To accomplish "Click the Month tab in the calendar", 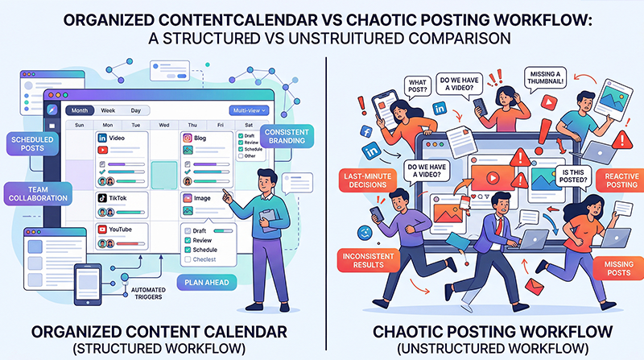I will pyautogui.click(x=80, y=110).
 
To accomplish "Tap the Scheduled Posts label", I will pyautogui.click(x=31, y=145).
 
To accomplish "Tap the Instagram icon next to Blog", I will pyautogui.click(x=186, y=139).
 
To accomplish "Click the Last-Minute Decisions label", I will pyautogui.click(x=366, y=177).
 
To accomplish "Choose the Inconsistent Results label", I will pyautogui.click(x=367, y=262).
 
